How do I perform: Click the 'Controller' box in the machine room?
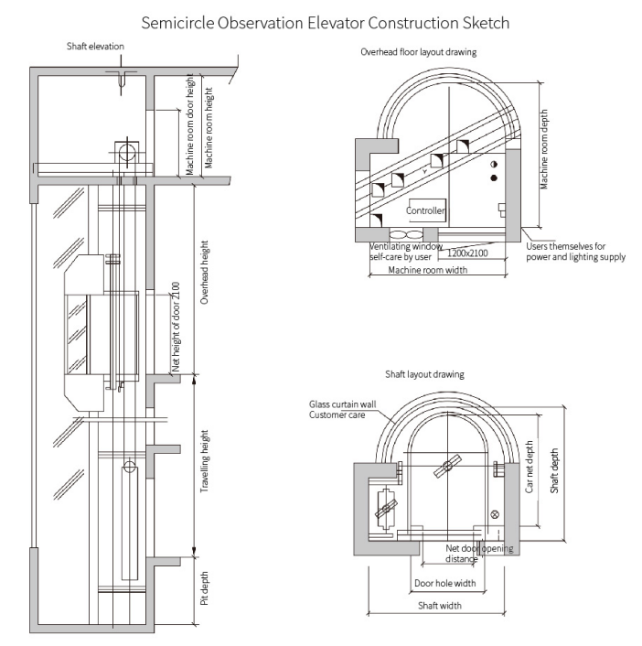[x=426, y=210]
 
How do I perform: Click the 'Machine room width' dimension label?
[x=423, y=271]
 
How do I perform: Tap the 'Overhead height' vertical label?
[x=205, y=273]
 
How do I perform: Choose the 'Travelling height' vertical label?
[x=205, y=463]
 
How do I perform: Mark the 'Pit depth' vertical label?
[x=205, y=588]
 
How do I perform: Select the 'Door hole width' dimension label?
[x=444, y=583]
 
